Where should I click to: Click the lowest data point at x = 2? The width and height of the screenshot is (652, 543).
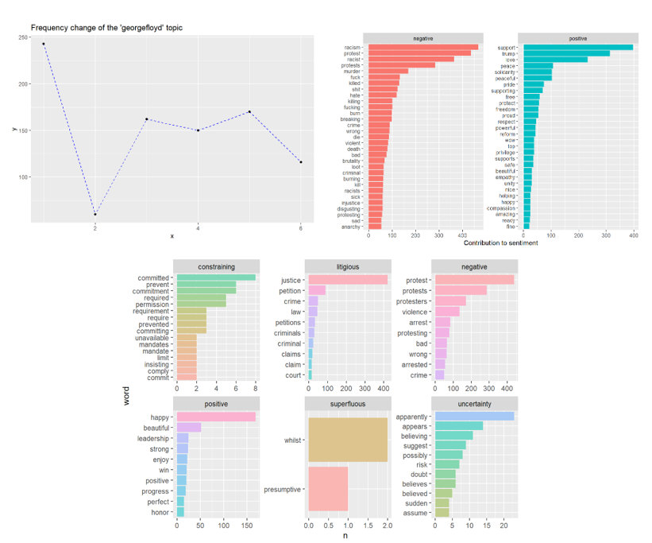pos(95,215)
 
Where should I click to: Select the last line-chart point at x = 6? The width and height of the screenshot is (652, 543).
pos(301,162)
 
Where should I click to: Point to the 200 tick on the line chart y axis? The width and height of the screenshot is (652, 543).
pos(21,83)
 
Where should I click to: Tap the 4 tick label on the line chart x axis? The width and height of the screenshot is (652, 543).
pos(198,229)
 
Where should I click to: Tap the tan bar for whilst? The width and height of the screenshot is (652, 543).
pos(348,440)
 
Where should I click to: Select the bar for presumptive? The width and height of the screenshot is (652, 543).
pos(328,489)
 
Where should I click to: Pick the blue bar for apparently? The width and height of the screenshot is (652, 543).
pos(474,416)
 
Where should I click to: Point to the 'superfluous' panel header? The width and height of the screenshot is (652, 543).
pos(348,404)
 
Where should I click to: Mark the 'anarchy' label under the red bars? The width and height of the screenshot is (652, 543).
pos(350,227)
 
